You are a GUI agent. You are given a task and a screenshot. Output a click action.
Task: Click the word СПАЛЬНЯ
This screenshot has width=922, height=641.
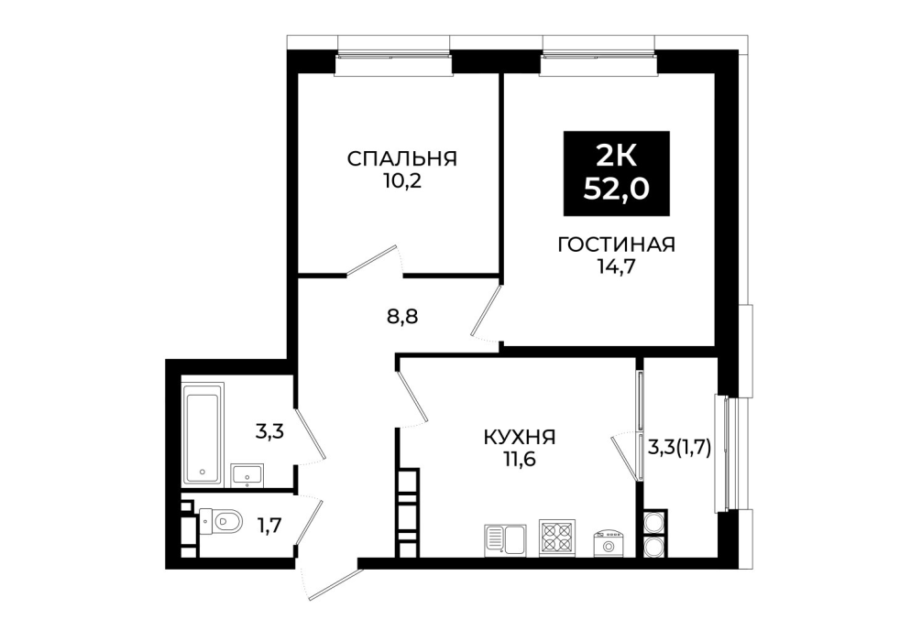click(x=402, y=158)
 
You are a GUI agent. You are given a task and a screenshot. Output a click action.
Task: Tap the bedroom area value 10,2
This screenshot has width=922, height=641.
click(x=402, y=180)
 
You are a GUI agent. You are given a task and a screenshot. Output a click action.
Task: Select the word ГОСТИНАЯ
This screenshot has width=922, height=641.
click(x=616, y=244)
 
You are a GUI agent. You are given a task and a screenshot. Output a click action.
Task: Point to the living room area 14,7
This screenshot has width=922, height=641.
click(x=616, y=266)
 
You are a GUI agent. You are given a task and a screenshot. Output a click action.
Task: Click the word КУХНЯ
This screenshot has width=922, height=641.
click(x=520, y=437)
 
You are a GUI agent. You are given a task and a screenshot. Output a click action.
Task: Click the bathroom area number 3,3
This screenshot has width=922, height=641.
click(x=269, y=432)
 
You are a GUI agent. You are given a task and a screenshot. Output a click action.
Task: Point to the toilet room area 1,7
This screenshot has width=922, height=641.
click(x=269, y=524)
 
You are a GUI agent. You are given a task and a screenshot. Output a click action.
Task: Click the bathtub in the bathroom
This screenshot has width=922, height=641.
click(x=203, y=435)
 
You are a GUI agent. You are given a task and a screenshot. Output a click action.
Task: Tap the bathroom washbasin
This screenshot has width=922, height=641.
click(x=247, y=474)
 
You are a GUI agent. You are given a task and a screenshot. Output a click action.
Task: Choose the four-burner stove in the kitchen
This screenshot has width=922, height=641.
click(x=557, y=538)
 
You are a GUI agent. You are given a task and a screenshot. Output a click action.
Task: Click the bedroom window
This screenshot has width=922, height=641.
click(x=394, y=56)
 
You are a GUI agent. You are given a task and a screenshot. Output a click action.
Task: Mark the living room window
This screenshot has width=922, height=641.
click(x=598, y=56)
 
